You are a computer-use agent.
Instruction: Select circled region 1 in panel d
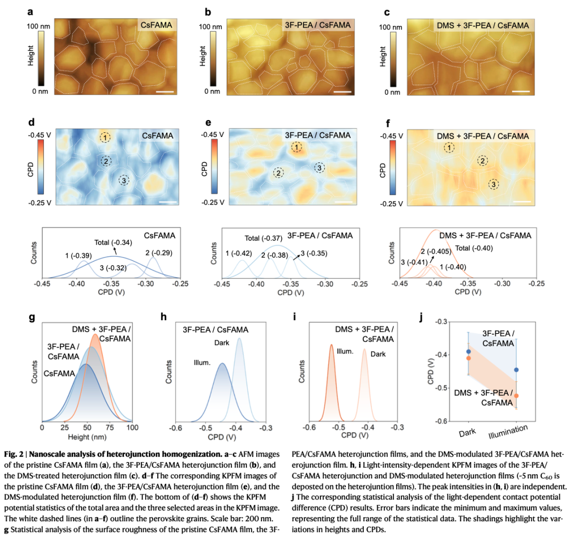(x=106, y=138)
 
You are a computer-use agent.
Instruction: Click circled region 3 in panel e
(x=319, y=168)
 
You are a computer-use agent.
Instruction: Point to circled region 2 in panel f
(x=482, y=160)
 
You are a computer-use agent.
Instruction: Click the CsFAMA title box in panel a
(x=154, y=24)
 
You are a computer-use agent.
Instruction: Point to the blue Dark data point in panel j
(x=468, y=351)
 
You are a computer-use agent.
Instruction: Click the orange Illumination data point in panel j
(x=516, y=396)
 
